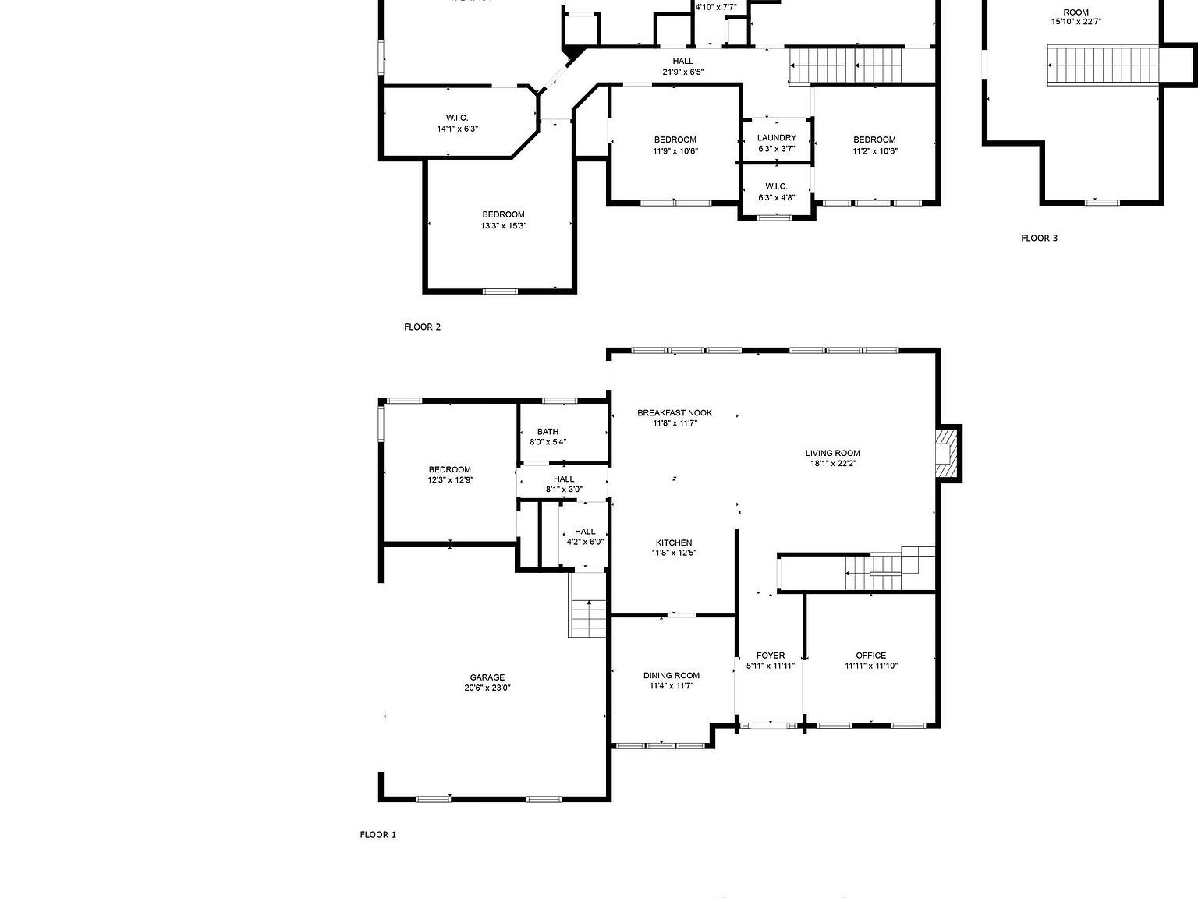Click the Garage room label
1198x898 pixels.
487,677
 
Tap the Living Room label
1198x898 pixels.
832,453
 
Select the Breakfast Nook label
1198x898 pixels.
674,413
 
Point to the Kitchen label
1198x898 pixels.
673,543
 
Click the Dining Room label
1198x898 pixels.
671,675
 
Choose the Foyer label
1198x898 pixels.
770,656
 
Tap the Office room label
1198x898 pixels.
870,656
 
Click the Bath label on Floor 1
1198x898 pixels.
548,431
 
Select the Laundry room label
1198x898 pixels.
776,137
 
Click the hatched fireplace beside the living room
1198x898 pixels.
947,453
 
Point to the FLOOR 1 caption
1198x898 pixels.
377,834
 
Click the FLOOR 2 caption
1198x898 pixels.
422,327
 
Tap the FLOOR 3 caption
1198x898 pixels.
1039,238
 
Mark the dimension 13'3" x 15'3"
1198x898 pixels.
503,226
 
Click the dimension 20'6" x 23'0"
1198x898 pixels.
487,688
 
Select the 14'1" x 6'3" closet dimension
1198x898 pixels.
457,129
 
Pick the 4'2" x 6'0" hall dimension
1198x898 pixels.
585,542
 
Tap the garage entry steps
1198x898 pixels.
589,617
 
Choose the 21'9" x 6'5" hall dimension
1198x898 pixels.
682,72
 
